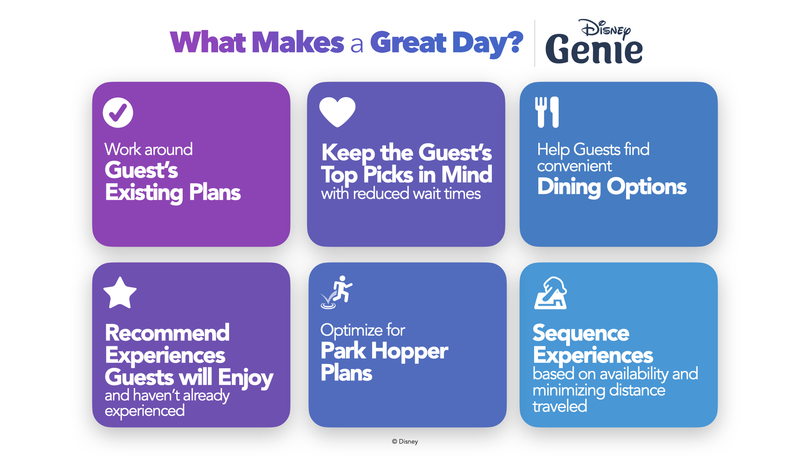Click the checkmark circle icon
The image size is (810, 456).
coord(118,113)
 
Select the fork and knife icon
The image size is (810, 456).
coord(547,112)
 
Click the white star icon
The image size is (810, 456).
coord(120,293)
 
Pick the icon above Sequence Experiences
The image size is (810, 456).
coord(551,293)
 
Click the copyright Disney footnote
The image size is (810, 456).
coord(405,442)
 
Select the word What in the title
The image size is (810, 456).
coord(208,42)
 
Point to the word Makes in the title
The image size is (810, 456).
coord(298,42)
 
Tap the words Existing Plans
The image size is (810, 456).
coord(173,193)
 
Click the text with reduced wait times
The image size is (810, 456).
coord(401,194)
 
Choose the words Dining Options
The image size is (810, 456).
coord(612,187)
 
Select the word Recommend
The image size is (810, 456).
coord(167,333)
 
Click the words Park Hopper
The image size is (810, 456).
coord(384,351)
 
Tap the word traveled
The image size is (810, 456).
coord(560,406)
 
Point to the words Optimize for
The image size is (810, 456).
coord(363,330)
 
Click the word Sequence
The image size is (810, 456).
coord(581,334)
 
